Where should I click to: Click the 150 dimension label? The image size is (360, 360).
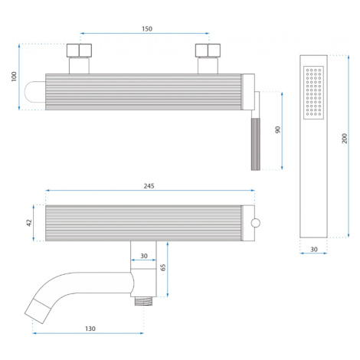(147, 29)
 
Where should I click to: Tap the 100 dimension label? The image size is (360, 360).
(14, 77)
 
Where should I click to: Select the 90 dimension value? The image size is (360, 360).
(277, 129)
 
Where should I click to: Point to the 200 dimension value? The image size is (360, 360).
(345, 138)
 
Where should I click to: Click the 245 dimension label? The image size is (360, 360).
(149, 186)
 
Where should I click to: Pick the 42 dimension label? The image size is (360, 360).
(29, 223)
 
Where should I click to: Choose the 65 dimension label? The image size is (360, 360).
(163, 267)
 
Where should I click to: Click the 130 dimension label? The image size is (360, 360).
(90, 329)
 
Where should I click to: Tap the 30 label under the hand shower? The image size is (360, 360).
(314, 250)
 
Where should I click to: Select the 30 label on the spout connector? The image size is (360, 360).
(144, 256)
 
